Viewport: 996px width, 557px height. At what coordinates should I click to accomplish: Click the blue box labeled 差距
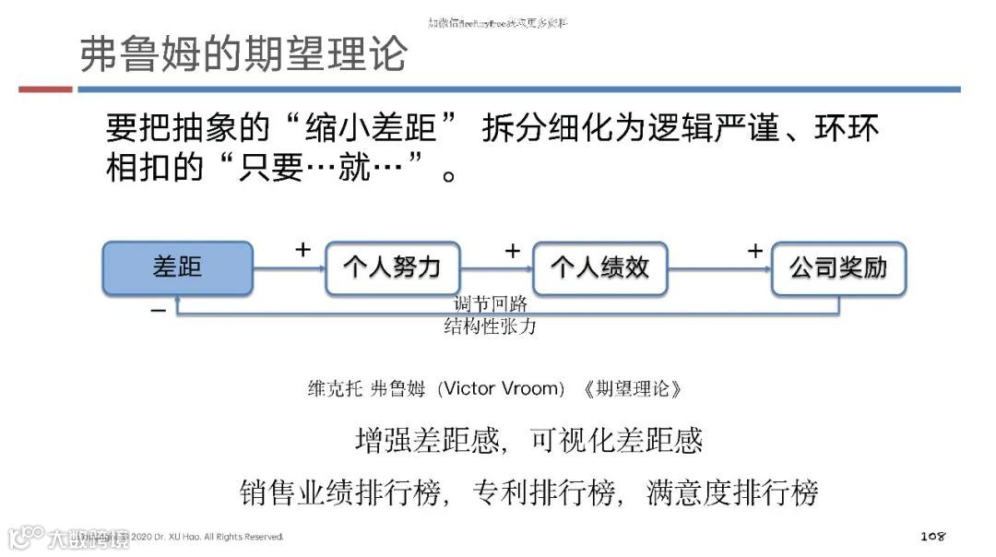[177, 268]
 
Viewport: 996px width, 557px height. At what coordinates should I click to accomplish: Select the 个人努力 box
[392, 268]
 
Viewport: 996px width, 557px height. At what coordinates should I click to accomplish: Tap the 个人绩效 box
[599, 268]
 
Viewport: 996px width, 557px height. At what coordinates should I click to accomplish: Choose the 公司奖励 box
[838, 268]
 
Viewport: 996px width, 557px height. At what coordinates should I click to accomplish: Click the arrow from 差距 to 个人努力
[289, 268]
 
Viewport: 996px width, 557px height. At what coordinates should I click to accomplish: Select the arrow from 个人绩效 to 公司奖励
[719, 268]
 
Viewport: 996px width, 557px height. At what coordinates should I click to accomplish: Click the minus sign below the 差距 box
[159, 311]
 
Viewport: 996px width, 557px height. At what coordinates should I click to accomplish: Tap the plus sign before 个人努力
[302, 249]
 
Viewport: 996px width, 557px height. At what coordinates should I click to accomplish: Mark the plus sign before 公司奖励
[755, 250]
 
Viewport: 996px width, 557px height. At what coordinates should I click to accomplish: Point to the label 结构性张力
[490, 326]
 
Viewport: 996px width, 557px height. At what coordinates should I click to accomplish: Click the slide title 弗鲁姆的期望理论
[243, 54]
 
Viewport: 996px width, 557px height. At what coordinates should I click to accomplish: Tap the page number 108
[933, 536]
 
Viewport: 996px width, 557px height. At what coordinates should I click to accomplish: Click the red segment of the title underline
[45, 89]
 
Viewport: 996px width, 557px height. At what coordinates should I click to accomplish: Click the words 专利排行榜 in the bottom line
[543, 492]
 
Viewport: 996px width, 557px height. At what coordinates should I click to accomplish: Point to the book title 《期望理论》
[632, 388]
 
